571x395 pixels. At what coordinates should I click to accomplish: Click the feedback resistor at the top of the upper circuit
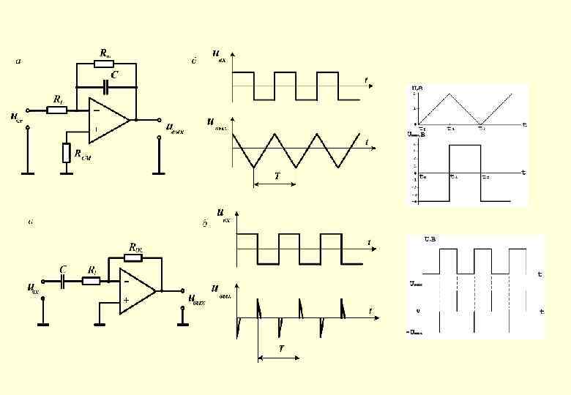coord(104,64)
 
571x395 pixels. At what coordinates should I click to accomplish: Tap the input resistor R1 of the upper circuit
coord(57,110)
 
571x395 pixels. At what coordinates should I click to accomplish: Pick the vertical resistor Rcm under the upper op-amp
coord(67,153)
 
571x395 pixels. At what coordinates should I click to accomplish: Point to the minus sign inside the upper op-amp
coord(96,110)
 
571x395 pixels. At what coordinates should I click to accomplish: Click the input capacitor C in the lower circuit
coord(64,280)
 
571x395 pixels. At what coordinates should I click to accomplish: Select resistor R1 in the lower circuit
coord(91,280)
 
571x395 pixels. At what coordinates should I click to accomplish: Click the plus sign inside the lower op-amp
coord(127,300)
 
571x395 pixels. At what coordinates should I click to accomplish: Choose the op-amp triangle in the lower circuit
coord(138,290)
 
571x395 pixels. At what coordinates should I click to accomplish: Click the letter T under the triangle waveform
coord(277,176)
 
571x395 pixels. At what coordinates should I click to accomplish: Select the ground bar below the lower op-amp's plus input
coord(97,320)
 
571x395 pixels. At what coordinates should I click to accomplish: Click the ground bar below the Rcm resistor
coord(67,173)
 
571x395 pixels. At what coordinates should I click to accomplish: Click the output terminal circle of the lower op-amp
coord(182,290)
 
